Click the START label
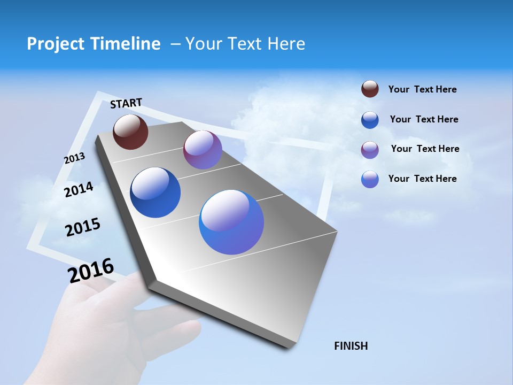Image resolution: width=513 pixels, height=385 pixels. [x=126, y=103]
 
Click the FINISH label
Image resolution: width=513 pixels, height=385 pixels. [x=351, y=346]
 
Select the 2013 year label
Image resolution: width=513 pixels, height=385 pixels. [x=74, y=158]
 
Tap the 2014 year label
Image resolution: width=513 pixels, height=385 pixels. [x=79, y=189]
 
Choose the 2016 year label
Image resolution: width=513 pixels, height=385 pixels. [x=91, y=270]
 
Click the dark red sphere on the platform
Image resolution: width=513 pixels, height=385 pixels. [x=130, y=132]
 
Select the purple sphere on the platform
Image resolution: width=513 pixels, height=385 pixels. [x=203, y=150]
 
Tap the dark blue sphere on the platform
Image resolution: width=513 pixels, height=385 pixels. [x=155, y=192]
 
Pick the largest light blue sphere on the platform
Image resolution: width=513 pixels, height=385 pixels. [x=231, y=222]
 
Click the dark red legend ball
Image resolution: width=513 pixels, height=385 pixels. [x=370, y=89]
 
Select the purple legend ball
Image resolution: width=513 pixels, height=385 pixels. [x=370, y=150]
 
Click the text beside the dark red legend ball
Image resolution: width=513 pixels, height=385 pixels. [x=422, y=89]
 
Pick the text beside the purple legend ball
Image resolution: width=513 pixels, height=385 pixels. [x=425, y=149]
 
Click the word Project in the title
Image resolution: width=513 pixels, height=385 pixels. [x=55, y=44]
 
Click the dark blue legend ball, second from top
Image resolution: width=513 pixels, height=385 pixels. [x=370, y=120]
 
